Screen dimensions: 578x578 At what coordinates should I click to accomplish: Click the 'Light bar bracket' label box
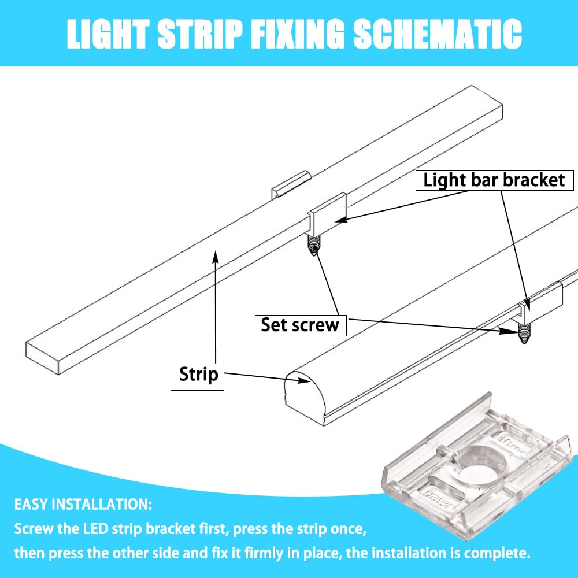[494, 180]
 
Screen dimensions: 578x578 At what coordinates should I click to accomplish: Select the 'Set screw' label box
[301, 325]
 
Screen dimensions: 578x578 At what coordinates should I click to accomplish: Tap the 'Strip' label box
[197, 377]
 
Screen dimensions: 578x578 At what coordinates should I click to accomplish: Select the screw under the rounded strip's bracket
[523, 334]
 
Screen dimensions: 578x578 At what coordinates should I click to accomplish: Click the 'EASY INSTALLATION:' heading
[83, 504]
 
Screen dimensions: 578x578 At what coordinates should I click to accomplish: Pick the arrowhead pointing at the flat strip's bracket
[342, 220]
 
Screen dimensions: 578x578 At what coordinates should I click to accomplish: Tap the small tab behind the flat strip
[291, 184]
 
